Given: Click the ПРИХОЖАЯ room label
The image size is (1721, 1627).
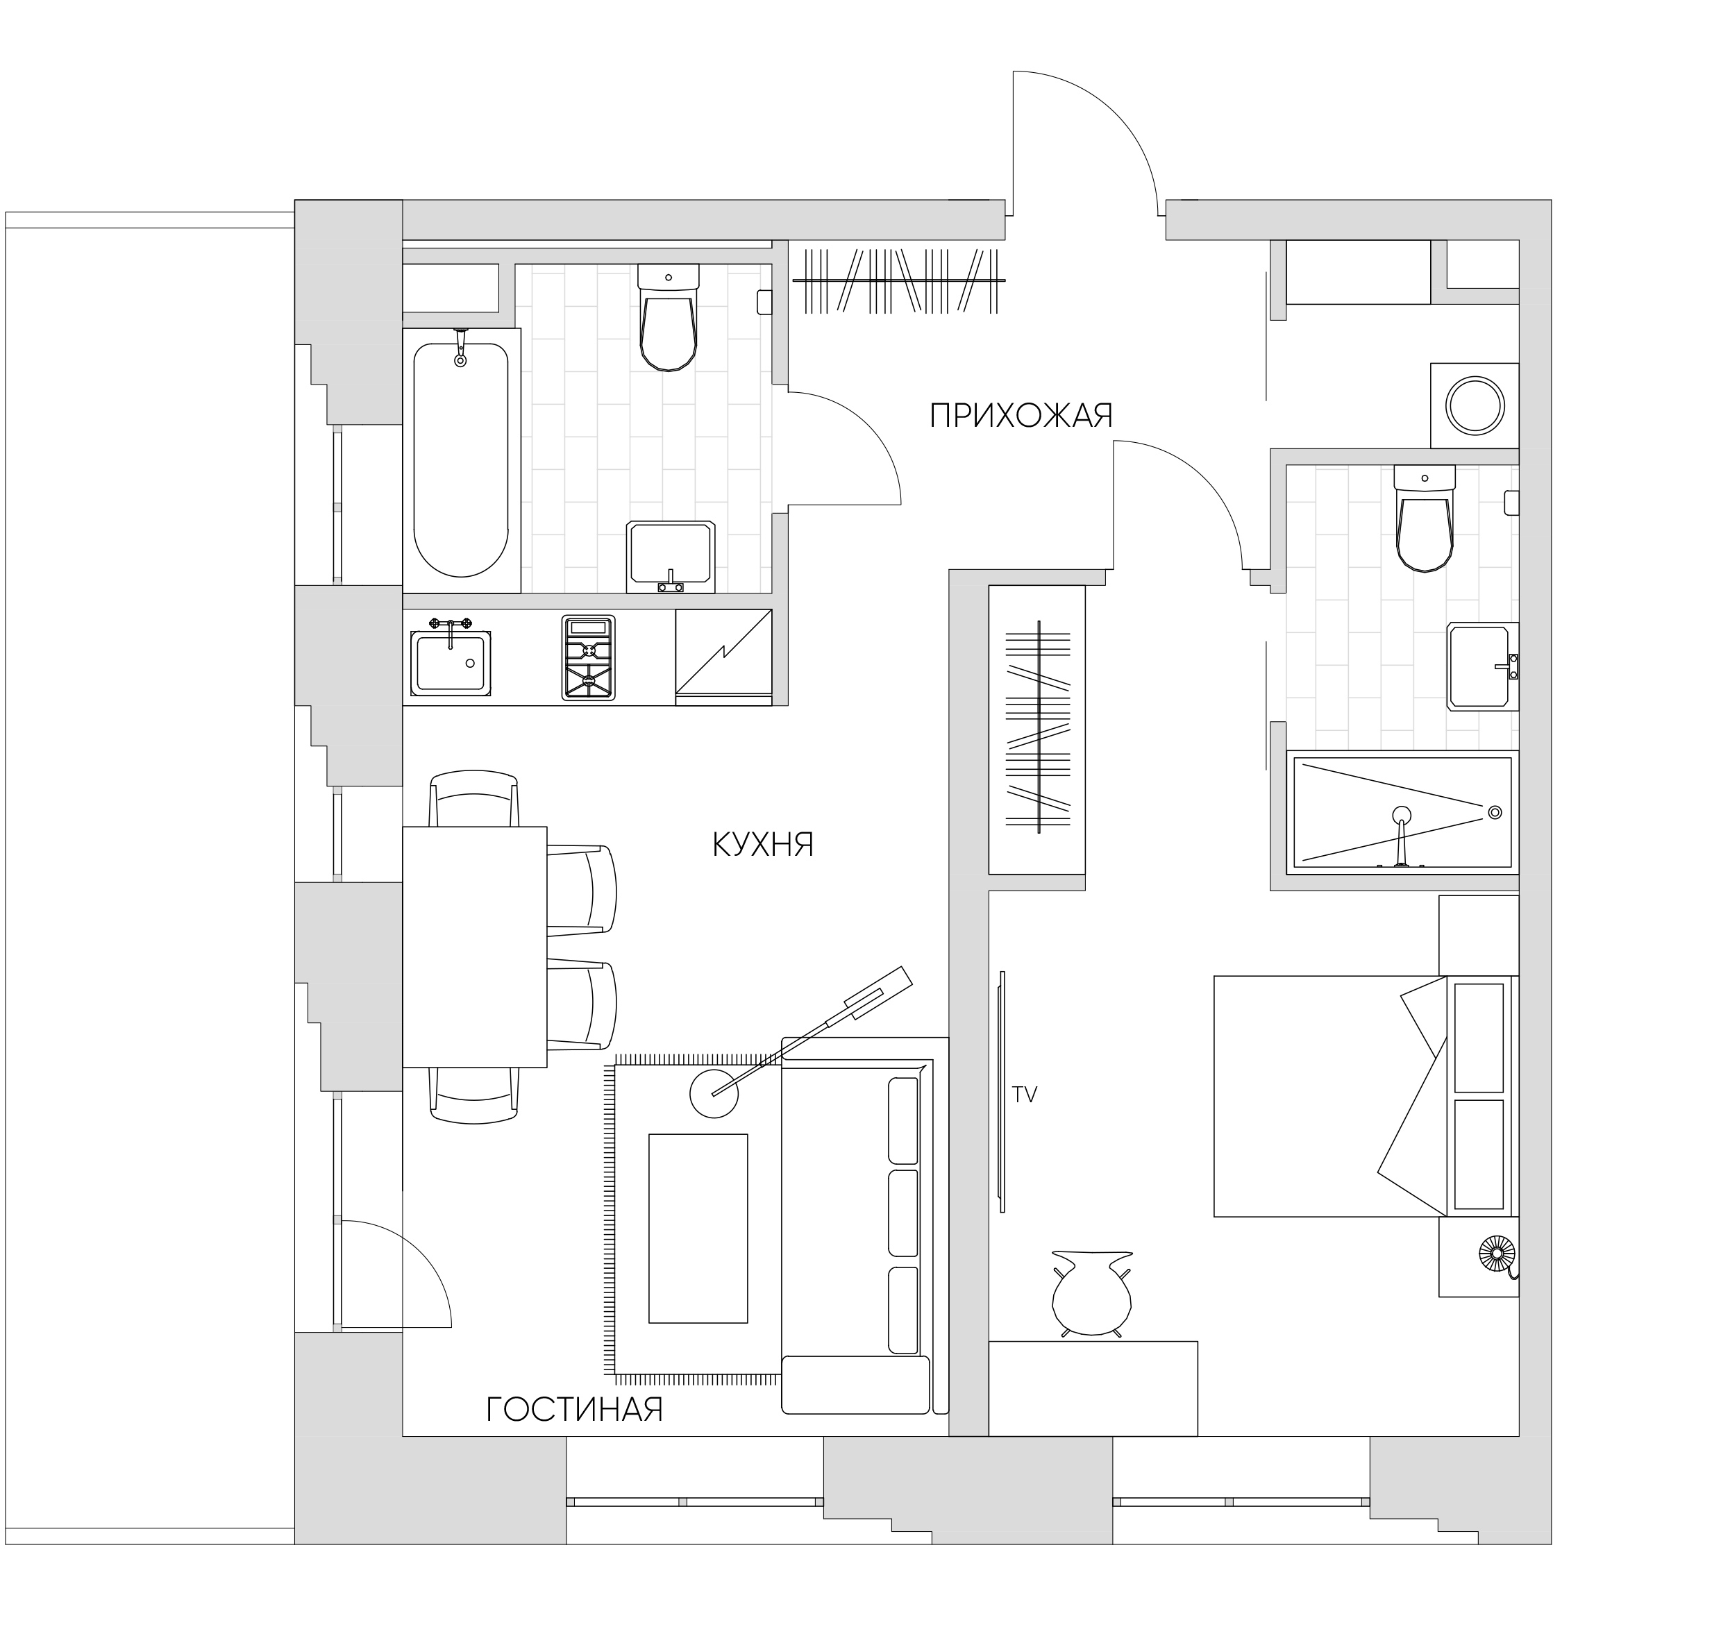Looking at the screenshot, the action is (1021, 415).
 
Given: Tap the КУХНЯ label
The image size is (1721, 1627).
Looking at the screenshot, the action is (764, 845).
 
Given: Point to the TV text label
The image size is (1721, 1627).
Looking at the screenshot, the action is (1025, 1095).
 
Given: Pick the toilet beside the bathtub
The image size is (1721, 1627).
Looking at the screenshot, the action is (668, 317).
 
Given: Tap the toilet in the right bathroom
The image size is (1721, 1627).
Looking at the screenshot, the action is (1425, 518).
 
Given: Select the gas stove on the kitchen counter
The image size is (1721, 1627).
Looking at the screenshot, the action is (588, 657).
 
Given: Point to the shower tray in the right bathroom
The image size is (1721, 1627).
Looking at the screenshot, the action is (1402, 813).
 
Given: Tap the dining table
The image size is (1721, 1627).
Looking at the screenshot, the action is (474, 947).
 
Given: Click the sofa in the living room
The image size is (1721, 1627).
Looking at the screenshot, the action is (865, 1225).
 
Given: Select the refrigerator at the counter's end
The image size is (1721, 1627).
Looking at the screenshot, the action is (723, 657).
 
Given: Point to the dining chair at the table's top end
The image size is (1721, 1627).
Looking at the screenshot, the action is (474, 798).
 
